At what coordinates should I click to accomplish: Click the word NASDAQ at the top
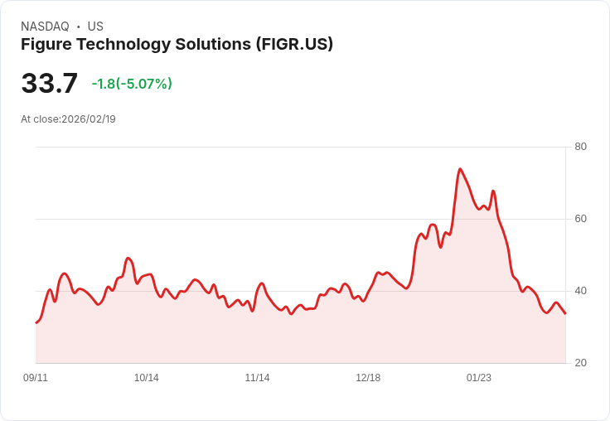(x=45, y=27)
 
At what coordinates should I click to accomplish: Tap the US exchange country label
(x=95, y=27)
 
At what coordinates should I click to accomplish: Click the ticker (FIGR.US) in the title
(x=294, y=44)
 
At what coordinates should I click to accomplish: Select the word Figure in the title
(x=46, y=44)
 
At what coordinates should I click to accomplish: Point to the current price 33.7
(x=49, y=84)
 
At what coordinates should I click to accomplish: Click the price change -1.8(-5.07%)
(x=132, y=84)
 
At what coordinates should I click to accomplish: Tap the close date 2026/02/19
(x=89, y=119)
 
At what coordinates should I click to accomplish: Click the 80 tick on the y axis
(x=580, y=147)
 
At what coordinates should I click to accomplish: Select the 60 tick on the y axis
(x=580, y=219)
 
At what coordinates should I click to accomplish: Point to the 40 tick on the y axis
(x=580, y=291)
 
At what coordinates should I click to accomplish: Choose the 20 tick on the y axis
(x=580, y=363)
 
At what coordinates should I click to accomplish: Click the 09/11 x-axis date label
(x=36, y=378)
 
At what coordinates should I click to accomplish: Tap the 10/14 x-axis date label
(x=147, y=378)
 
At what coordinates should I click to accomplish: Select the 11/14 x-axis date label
(x=257, y=378)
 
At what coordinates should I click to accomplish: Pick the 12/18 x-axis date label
(x=368, y=378)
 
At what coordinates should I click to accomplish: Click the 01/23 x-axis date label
(x=478, y=378)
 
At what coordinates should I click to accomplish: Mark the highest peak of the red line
(x=459, y=169)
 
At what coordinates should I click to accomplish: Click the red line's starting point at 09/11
(x=36, y=322)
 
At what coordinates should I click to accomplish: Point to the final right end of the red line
(x=565, y=313)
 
